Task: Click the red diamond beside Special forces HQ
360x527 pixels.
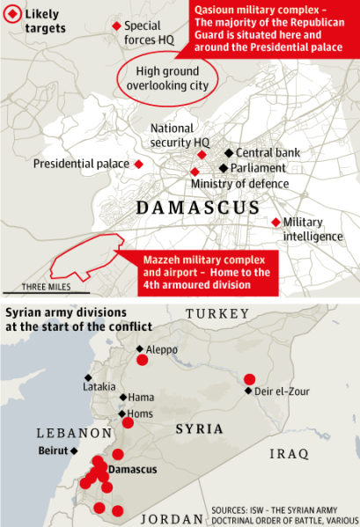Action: [x=115, y=27]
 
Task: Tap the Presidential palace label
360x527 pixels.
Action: [x=81, y=164]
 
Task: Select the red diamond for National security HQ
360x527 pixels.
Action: [x=202, y=155]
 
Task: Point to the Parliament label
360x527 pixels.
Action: [x=258, y=168]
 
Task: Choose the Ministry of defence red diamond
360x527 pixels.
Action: [x=195, y=172]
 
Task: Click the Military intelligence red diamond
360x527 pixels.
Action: [x=276, y=222]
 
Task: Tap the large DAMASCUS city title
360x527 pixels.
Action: [x=197, y=208]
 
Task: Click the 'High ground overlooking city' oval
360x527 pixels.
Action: [x=167, y=78]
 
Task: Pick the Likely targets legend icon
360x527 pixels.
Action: [x=13, y=16]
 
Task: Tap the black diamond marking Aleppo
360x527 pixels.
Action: [x=139, y=349]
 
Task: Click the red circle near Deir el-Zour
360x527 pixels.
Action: [x=250, y=379]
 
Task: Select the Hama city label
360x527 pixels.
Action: [x=141, y=398]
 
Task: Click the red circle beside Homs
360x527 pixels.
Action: [x=129, y=422]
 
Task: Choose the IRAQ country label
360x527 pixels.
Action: [x=288, y=454]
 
